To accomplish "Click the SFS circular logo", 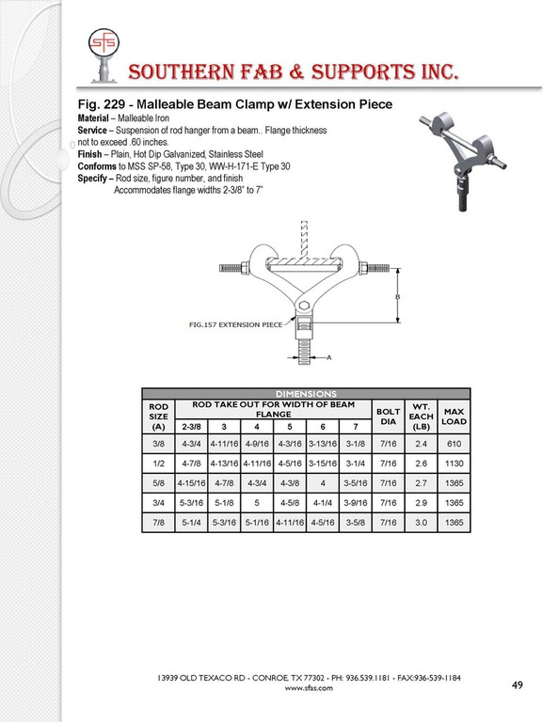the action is pyautogui.click(x=104, y=43).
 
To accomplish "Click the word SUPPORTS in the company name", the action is pyautogui.click(x=364, y=71).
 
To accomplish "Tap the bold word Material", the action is pyautogui.click(x=93, y=118).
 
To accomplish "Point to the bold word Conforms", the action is pyautogui.click(x=97, y=166).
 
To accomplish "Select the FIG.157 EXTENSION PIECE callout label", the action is pyautogui.click(x=235, y=324).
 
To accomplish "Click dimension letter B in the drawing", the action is pyautogui.click(x=398, y=297).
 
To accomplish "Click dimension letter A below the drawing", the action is pyautogui.click(x=329, y=357).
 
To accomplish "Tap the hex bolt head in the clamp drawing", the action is pyautogui.click(x=303, y=306).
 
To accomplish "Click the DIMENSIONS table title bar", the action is pyautogui.click(x=306, y=394).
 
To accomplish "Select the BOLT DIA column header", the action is pyautogui.click(x=388, y=416).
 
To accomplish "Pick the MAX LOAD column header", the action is pyautogui.click(x=454, y=416).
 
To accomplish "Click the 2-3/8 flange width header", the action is pyautogui.click(x=191, y=427).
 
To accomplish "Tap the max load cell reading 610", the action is pyautogui.click(x=454, y=444).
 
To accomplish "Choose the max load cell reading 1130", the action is pyautogui.click(x=454, y=463).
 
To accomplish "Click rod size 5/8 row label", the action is pyautogui.click(x=158, y=483).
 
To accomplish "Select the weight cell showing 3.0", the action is pyautogui.click(x=422, y=523).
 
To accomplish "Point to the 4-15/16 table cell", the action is pyautogui.click(x=191, y=483).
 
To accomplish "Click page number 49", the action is pyautogui.click(x=517, y=685).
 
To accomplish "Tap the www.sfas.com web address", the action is pyautogui.click(x=309, y=688).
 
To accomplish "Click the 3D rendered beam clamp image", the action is pyautogui.click(x=463, y=160).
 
